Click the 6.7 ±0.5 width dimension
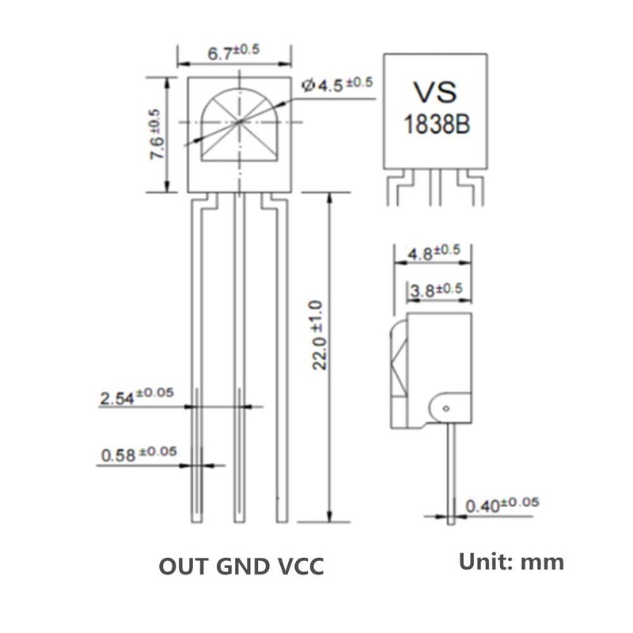pyautogui.click(x=233, y=51)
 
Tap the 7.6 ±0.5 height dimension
pyautogui.click(x=157, y=134)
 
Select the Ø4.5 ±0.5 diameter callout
pyautogui.click(x=338, y=85)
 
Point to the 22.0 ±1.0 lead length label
pyautogui.click(x=318, y=335)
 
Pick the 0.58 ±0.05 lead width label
pyautogui.click(x=139, y=453)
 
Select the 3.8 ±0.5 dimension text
pyautogui.click(x=436, y=290)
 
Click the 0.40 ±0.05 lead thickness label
pyautogui.click(x=502, y=505)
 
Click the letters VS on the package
pyautogui.click(x=435, y=92)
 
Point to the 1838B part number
pyautogui.click(x=437, y=124)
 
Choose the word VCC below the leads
pyautogui.click(x=301, y=567)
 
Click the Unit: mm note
pyautogui.click(x=511, y=562)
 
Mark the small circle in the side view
pyautogui.click(x=446, y=408)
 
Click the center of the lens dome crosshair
pyautogui.click(x=240, y=122)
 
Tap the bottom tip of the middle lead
pyautogui.click(x=240, y=522)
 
